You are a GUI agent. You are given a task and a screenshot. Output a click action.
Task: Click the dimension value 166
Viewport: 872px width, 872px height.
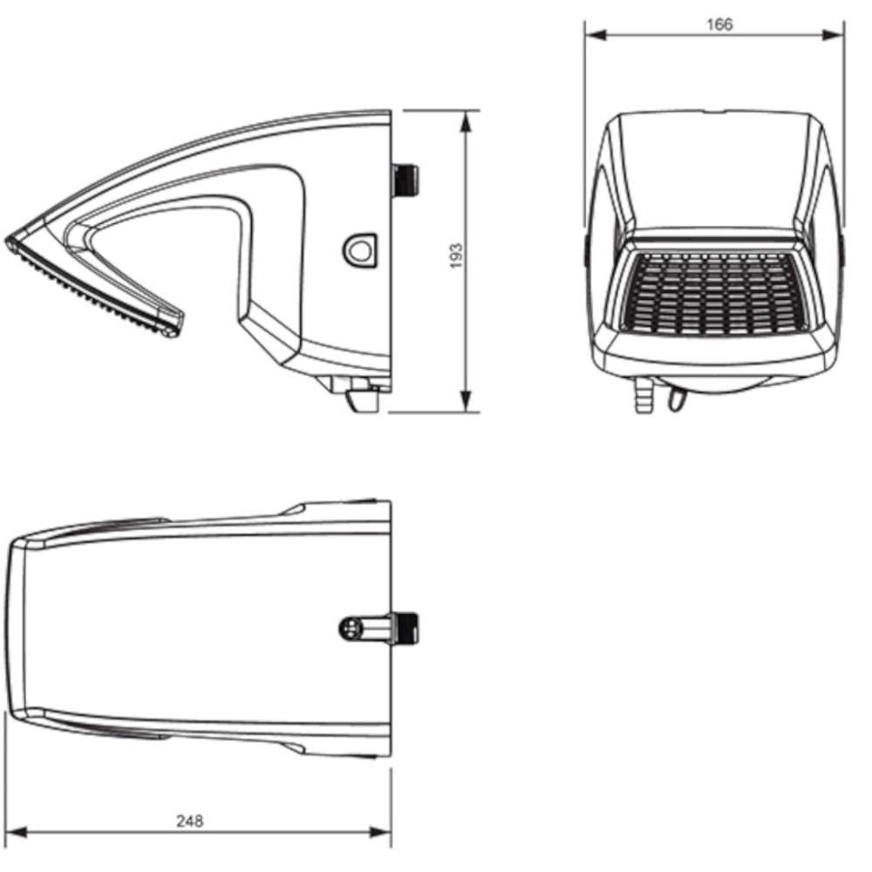[719, 24]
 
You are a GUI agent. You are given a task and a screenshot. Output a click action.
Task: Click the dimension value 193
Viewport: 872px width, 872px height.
[456, 255]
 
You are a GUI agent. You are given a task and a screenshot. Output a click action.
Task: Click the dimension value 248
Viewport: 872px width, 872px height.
[189, 821]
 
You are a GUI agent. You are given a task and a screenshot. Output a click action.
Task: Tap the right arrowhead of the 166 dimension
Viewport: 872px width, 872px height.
[833, 35]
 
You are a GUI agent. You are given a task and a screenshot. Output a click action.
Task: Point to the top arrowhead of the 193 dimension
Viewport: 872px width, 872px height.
[466, 121]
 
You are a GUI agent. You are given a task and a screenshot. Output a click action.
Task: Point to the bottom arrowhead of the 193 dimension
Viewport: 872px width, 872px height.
[466, 401]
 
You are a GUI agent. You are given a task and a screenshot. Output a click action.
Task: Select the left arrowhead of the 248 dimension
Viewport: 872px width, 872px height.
[17, 833]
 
